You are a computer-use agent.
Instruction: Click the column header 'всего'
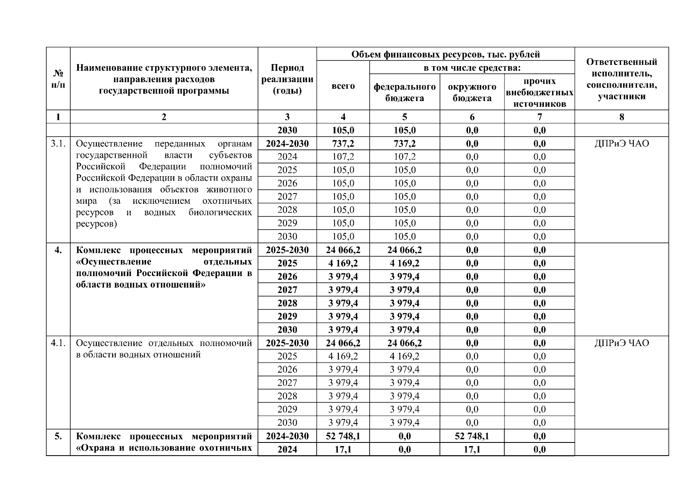pos(343,86)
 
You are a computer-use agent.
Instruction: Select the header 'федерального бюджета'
pos(404,92)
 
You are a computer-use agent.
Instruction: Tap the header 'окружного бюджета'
pos(472,92)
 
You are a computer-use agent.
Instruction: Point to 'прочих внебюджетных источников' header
pos(539,92)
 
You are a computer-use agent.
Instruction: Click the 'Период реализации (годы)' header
pos(287,79)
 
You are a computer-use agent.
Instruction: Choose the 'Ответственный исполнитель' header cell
pos(621,79)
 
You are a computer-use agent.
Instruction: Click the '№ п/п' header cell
pos(58,79)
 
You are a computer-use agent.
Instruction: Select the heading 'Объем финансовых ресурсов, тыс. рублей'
pos(445,54)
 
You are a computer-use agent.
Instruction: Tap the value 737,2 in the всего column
pos(343,143)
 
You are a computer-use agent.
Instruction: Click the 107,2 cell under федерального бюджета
pos(404,157)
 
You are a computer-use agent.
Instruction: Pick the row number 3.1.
pos(58,144)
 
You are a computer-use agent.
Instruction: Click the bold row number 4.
pos(58,250)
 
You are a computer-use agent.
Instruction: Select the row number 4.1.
pos(58,343)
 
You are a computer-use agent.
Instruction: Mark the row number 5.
pos(58,436)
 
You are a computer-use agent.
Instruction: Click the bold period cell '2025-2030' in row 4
pos(287,250)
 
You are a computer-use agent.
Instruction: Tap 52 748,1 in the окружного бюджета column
pos(472,436)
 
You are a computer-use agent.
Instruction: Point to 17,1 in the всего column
pos(343,449)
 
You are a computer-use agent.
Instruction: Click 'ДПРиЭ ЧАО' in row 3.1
pos(621,144)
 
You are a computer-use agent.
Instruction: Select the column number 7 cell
pos(539,117)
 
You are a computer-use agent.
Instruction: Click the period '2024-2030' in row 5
pos(287,436)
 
